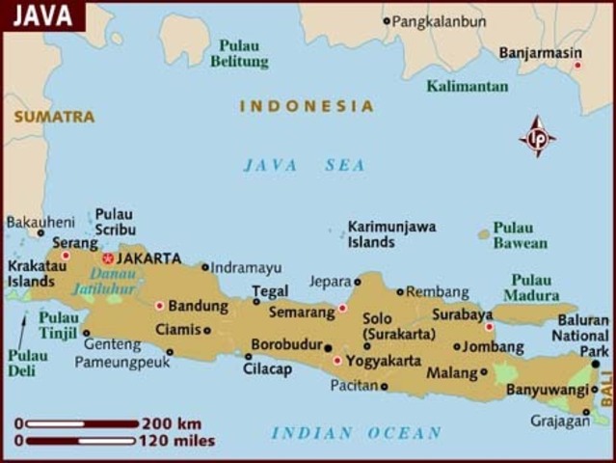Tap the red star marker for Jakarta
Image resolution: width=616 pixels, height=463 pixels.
(x=107, y=259)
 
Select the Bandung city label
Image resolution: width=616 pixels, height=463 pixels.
(x=198, y=306)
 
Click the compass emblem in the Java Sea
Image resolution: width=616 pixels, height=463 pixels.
(x=538, y=138)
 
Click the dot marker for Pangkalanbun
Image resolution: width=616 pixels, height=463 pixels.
(x=387, y=20)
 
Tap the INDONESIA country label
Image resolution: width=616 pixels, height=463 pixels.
(x=306, y=106)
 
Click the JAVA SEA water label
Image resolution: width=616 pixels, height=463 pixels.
(x=304, y=165)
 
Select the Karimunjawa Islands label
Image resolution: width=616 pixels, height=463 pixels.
(x=391, y=233)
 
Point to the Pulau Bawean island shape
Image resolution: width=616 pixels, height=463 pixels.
(x=483, y=234)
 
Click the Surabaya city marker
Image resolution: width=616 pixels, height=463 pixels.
(x=489, y=327)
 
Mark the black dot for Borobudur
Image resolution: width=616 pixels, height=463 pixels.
(x=328, y=347)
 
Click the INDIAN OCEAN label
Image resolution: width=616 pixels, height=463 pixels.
(x=356, y=433)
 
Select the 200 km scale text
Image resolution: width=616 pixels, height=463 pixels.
(x=171, y=423)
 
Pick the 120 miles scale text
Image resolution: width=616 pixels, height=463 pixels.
(x=177, y=442)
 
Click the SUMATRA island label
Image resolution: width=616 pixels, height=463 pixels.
(x=54, y=117)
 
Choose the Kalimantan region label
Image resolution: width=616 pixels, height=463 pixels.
(x=467, y=86)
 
